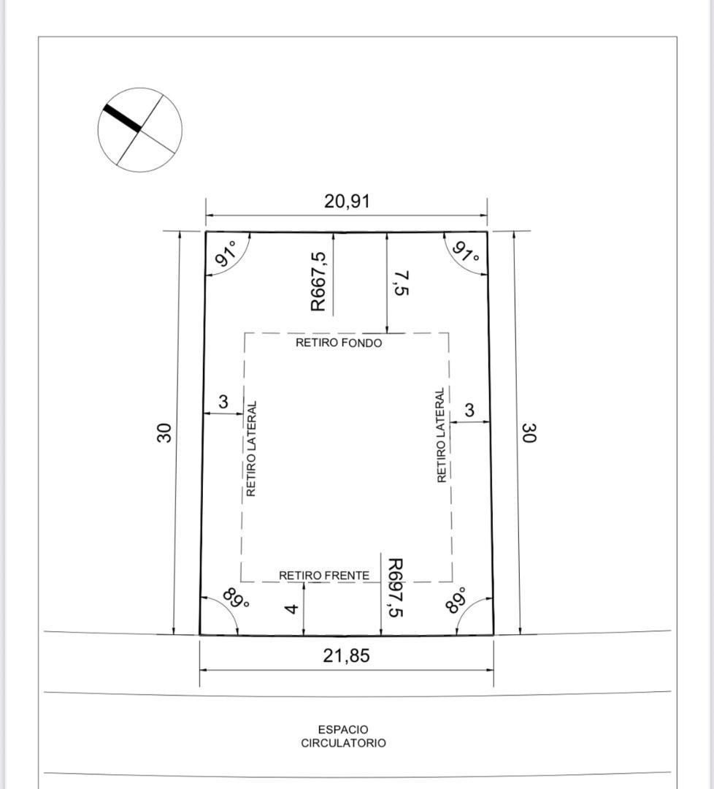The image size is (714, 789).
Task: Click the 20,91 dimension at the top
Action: [347, 202]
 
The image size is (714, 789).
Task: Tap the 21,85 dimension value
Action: [346, 656]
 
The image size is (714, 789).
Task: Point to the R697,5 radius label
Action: [394, 588]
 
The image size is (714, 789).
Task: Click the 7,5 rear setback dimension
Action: [401, 283]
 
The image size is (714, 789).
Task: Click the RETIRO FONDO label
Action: [338, 343]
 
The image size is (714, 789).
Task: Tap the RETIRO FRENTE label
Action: [323, 576]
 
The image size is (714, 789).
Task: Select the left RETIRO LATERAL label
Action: [251, 449]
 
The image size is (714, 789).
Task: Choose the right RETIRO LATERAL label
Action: [441, 435]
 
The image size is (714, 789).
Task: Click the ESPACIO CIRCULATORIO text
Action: [343, 736]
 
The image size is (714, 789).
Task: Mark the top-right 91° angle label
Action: [466, 254]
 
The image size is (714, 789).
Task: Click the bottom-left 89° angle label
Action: [236, 601]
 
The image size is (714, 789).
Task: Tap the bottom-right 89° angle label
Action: [456, 600]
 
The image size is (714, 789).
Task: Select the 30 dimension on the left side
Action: [164, 432]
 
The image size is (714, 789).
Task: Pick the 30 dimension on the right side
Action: [529, 432]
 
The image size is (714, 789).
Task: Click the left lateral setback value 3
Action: [223, 402]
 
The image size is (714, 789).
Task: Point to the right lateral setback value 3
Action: [469, 411]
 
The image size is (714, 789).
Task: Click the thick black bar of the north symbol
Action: [121, 118]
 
